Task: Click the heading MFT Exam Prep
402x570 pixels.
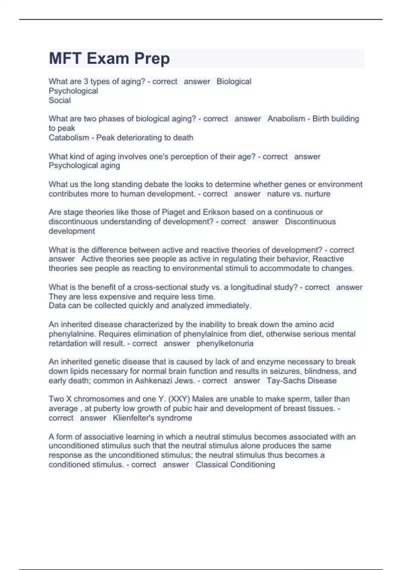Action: click(x=109, y=58)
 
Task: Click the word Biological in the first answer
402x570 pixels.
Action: click(x=234, y=81)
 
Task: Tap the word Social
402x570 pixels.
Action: click(x=60, y=100)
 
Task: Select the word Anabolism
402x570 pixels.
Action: click(x=286, y=119)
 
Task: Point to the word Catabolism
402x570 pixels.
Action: click(x=69, y=137)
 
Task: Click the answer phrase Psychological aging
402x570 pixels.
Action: click(x=84, y=166)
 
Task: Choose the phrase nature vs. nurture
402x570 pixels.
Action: click(x=298, y=194)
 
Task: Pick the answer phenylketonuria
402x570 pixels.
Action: click(x=225, y=344)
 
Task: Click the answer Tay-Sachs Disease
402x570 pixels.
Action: click(x=301, y=381)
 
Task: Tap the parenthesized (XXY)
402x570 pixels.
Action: click(x=179, y=399)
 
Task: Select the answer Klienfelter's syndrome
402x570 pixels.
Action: click(x=152, y=418)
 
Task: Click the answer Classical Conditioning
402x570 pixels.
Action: click(x=235, y=465)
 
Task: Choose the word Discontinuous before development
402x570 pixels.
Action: click(x=310, y=222)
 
